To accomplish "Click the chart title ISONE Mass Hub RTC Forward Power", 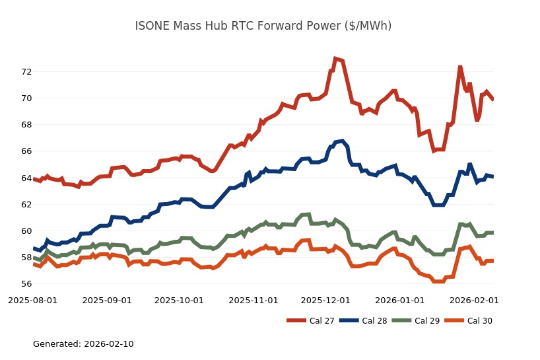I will pos(263,26).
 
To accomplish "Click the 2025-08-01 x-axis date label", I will pos(32,300).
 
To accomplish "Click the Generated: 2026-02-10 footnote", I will pos(83,344).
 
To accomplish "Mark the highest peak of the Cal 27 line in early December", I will pos(335,59).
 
